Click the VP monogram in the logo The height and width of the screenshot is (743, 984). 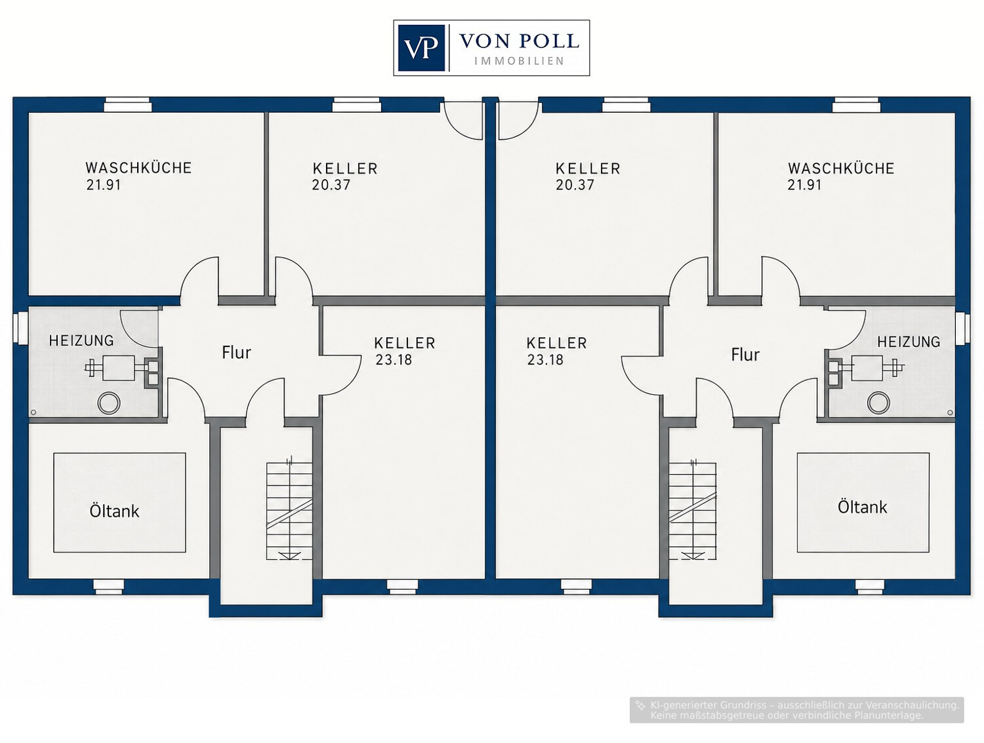(421, 48)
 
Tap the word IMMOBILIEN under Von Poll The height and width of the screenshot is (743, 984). (519, 62)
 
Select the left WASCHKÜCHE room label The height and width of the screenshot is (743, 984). (138, 168)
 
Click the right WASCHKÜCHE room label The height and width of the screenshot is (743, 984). (841, 169)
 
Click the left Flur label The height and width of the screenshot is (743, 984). (236, 353)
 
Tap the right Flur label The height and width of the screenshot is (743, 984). (745, 355)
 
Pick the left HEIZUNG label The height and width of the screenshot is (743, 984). (81, 341)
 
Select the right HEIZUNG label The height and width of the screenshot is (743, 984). (909, 342)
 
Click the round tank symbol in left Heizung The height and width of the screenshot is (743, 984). (109, 403)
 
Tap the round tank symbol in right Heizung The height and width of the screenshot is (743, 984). (878, 403)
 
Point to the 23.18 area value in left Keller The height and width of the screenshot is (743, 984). (394, 360)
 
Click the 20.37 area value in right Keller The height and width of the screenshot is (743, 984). (575, 185)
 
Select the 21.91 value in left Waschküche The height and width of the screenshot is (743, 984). (104, 185)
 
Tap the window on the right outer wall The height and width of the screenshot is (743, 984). (962, 329)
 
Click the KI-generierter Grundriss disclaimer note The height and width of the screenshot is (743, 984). (796, 710)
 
